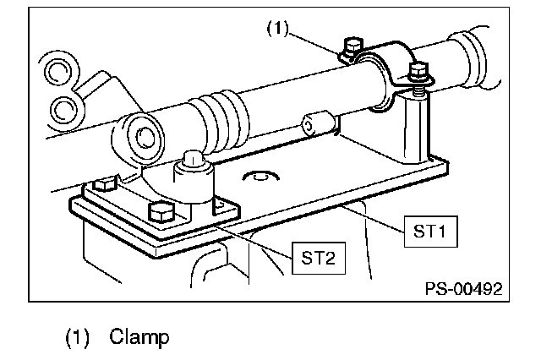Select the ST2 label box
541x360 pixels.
(317, 257)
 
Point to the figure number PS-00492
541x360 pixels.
(463, 288)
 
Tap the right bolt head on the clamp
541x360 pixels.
(418, 68)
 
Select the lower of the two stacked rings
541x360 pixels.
(64, 107)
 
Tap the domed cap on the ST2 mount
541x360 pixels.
(190, 159)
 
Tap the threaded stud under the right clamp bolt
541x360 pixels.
(418, 85)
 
